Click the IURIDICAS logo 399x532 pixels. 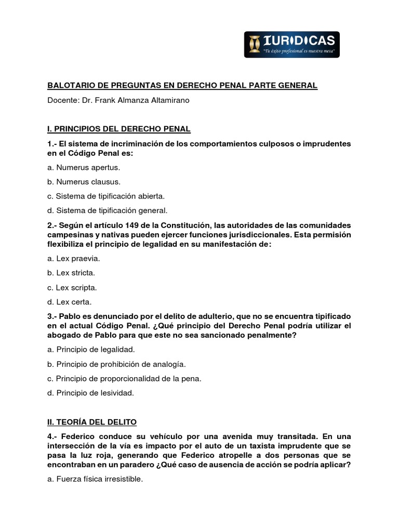[292, 44]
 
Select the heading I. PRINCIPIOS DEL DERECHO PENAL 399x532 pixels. [119, 128]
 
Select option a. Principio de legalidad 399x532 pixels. [91, 349]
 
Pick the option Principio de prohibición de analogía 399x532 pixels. [116, 364]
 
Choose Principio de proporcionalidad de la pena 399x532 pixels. [124, 378]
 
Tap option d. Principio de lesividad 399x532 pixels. [90, 393]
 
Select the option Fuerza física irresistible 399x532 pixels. [95, 478]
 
